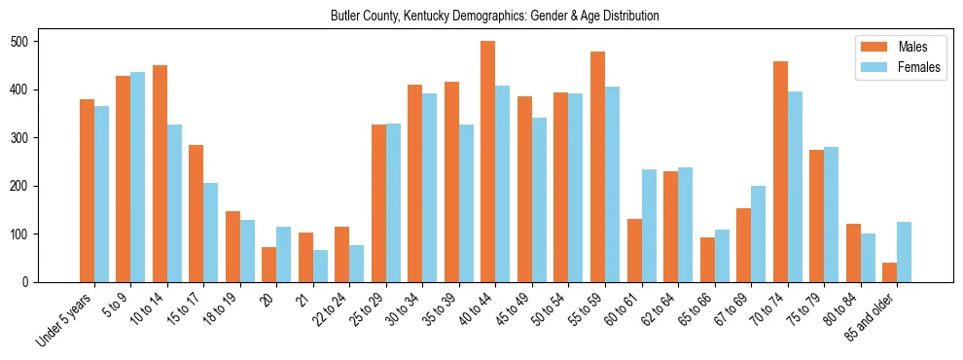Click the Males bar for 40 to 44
pyautogui.click(x=487, y=162)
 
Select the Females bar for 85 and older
pyautogui.click(x=904, y=252)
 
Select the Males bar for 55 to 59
pyautogui.click(x=597, y=166)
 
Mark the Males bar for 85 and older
pyautogui.click(x=889, y=272)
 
